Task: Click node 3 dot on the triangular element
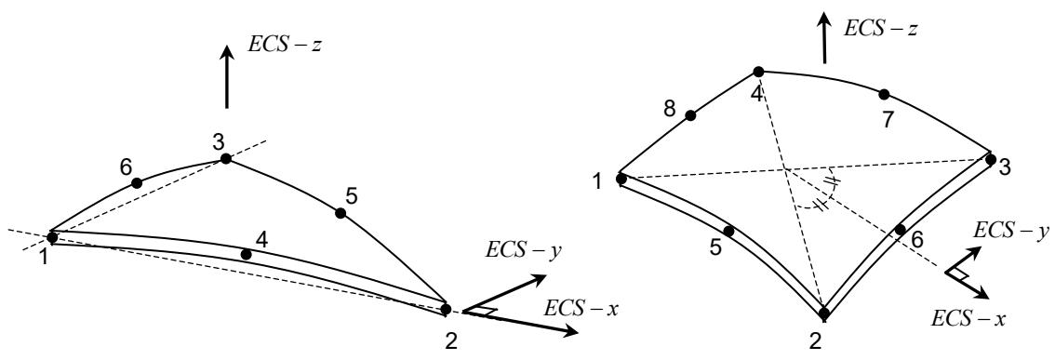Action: click(x=225, y=159)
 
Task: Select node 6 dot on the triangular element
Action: click(x=137, y=182)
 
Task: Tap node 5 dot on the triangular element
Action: click(x=341, y=213)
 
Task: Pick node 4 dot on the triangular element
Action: click(x=247, y=254)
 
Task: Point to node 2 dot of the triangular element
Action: click(x=446, y=309)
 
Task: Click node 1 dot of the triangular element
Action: click(x=52, y=237)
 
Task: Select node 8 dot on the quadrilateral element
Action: click(x=690, y=115)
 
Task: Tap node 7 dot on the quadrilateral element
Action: click(x=884, y=94)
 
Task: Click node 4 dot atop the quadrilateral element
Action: click(x=758, y=72)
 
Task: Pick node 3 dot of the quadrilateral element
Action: click(x=991, y=159)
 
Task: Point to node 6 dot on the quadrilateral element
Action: click(x=901, y=230)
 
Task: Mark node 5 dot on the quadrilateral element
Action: click(x=728, y=232)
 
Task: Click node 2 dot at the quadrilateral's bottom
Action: click(x=823, y=313)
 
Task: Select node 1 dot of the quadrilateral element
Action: click(x=621, y=179)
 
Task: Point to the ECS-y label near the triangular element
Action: click(x=524, y=248)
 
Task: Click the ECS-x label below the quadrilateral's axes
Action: click(x=968, y=319)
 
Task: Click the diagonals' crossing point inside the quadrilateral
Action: click(x=784, y=167)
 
